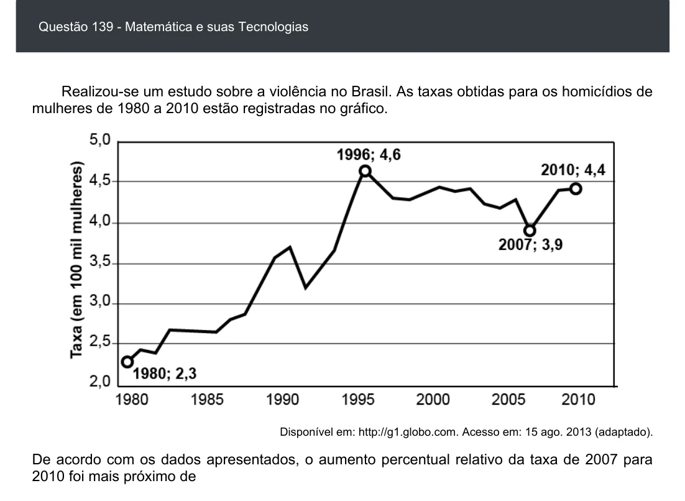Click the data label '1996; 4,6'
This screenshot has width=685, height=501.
[368, 155]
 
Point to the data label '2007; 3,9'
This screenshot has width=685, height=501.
[530, 245]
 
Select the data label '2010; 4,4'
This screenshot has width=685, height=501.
[573, 170]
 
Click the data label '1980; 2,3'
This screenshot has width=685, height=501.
[165, 374]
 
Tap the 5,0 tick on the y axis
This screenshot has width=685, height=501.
[100, 140]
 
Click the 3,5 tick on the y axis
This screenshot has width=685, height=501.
[100, 262]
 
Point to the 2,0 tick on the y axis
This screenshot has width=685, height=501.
[100, 381]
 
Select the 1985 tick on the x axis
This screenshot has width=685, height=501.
[207, 399]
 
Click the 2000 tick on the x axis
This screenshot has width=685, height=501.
[433, 399]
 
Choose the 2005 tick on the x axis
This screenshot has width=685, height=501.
[508, 399]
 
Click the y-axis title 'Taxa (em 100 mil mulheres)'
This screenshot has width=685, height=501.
[76, 260]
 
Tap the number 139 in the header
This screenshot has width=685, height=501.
[103, 27]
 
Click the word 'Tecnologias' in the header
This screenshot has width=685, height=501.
[273, 27]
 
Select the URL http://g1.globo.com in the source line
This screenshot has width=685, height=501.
[408, 432]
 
